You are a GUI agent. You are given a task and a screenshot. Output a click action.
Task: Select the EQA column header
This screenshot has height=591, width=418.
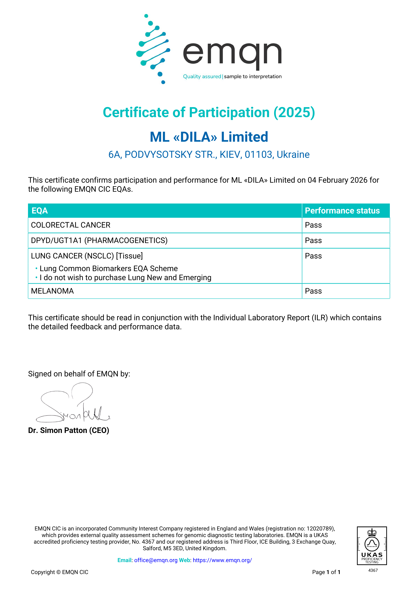click(x=40, y=211)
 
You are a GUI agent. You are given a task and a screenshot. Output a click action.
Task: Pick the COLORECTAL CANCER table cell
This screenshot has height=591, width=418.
click(x=71, y=225)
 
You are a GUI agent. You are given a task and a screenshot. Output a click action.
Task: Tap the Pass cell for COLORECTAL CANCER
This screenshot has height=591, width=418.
click(x=313, y=225)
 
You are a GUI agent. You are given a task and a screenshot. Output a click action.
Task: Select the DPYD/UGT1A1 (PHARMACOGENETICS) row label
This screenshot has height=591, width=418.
click(x=99, y=240)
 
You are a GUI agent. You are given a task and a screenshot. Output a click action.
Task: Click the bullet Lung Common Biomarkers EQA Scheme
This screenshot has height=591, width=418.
click(x=108, y=269)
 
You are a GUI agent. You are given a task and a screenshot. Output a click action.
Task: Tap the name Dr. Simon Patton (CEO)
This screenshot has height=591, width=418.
click(x=68, y=430)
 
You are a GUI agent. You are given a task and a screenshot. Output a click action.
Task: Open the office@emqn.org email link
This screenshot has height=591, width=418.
click(x=156, y=560)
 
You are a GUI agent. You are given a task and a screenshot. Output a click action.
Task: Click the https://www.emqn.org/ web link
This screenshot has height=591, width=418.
click(x=222, y=560)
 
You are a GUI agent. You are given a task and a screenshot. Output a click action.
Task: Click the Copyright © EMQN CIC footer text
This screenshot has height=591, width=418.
click(x=60, y=572)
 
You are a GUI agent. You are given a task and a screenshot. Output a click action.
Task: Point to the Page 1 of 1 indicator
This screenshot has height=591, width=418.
click(x=326, y=572)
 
